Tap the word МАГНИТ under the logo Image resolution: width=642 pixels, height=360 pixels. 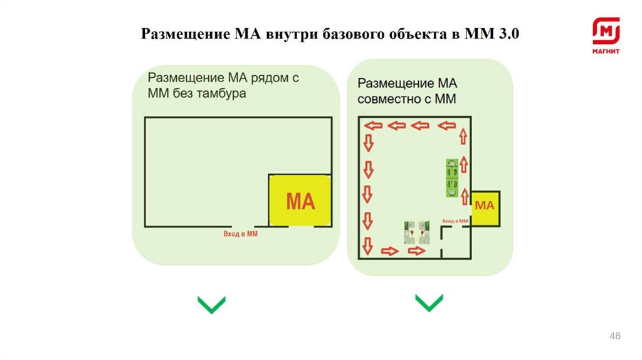click(606, 51)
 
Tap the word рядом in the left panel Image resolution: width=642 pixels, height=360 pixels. click(263, 78)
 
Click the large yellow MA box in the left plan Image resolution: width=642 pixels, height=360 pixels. click(300, 201)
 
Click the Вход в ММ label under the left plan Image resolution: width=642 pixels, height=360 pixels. click(241, 233)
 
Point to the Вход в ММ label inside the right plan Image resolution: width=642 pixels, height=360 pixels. click(455, 221)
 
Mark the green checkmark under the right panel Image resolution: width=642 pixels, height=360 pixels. click(429, 303)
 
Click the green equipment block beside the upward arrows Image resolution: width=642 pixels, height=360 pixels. click(451, 178)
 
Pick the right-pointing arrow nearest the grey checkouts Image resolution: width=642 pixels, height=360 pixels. click(416, 251)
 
